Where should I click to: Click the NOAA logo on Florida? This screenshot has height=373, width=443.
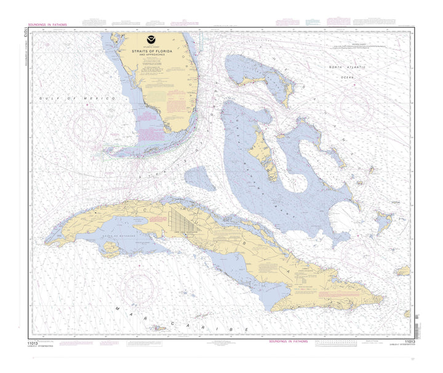(152, 45)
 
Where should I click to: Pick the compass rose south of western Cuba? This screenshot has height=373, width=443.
(141, 288)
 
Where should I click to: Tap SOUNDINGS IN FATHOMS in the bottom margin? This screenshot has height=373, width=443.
(292, 340)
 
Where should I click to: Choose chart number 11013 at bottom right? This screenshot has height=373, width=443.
(409, 340)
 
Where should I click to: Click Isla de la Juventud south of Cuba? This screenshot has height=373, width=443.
(111, 249)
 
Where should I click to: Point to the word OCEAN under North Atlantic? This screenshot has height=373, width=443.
(349, 77)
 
